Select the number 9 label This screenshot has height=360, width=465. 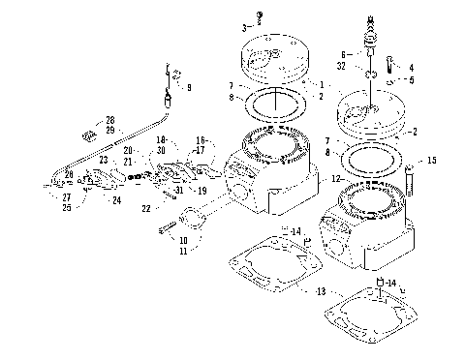tap(188, 88)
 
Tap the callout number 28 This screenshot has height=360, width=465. tap(109, 119)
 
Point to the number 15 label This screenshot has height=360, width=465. tap(431, 160)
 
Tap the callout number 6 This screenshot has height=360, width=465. tap(341, 55)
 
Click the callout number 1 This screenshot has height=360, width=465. tap(322, 84)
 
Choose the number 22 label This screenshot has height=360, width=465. tap(146, 207)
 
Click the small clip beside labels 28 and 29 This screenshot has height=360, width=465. tap(86, 124)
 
